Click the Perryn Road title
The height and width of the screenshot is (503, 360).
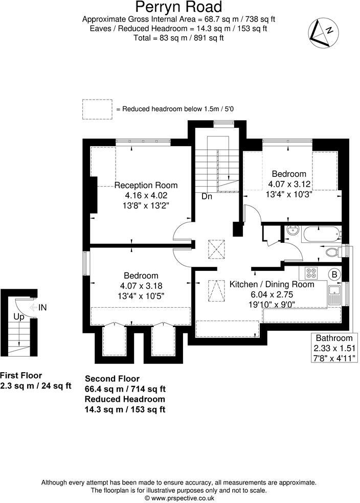tap(178, 7)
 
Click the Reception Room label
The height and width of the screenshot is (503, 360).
tap(146, 185)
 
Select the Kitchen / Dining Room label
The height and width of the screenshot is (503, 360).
tap(272, 284)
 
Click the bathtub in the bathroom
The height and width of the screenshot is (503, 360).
tap(321, 235)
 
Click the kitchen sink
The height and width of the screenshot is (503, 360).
tap(335, 295)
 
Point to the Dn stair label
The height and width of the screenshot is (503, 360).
tap(207, 196)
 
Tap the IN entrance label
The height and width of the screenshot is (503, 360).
tap(42, 307)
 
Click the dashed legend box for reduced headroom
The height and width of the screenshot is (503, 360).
tap(97, 108)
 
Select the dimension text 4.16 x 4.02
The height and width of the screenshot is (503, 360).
tap(146, 195)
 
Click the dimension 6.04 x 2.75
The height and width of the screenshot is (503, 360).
tap(272, 294)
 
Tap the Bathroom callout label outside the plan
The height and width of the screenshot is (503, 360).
tap(334, 338)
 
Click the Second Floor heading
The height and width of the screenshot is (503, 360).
tap(112, 379)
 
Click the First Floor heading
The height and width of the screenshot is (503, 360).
tap(21, 375)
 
